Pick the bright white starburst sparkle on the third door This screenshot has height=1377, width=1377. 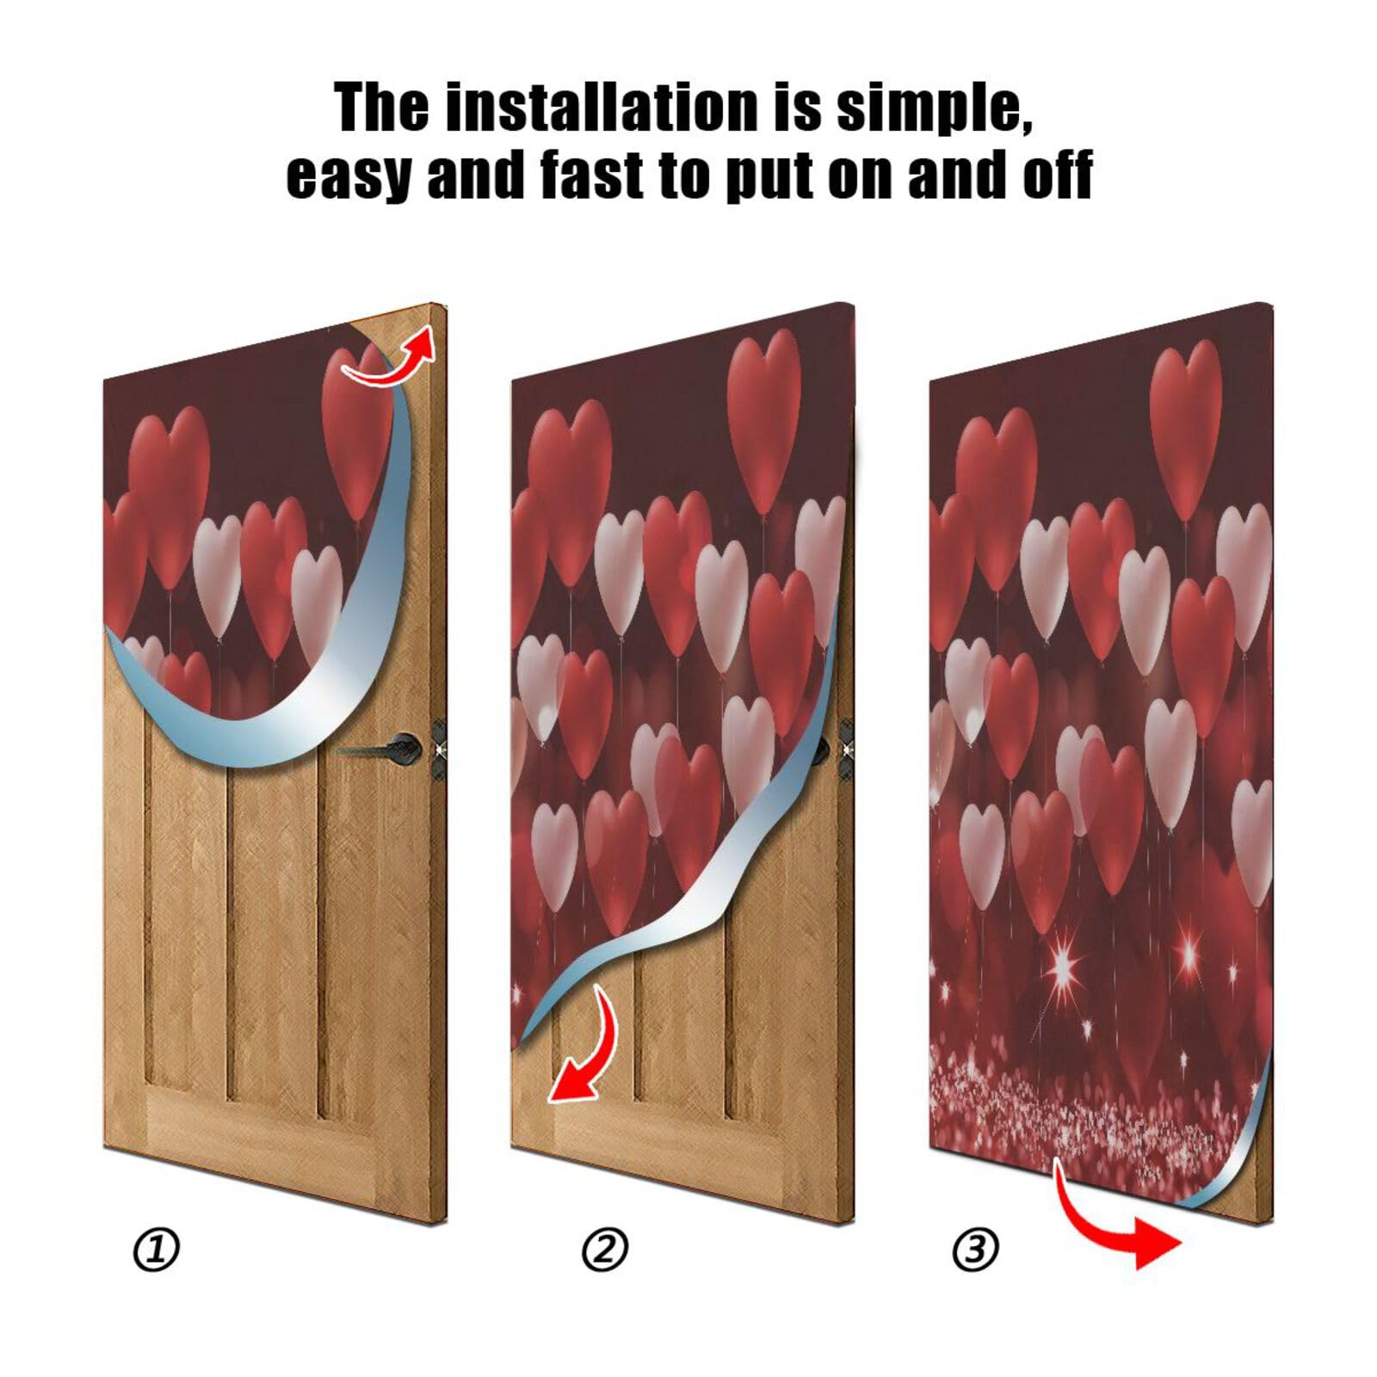1065,968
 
